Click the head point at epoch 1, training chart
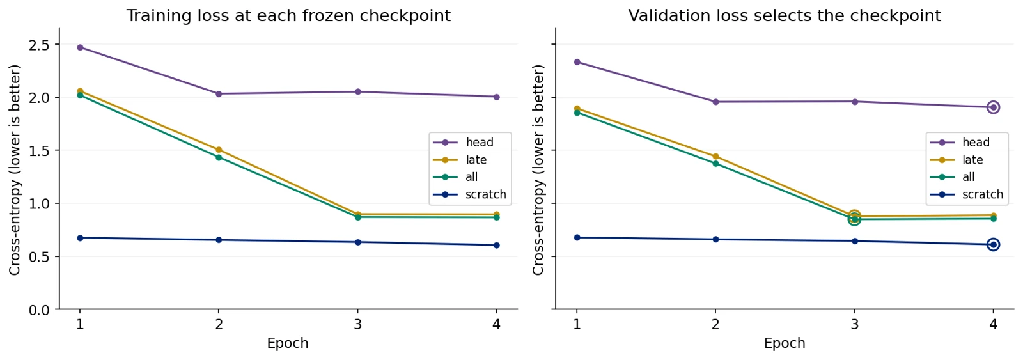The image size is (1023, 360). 80,47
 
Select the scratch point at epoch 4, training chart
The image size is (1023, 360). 496,246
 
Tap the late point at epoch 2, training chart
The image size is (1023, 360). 219,150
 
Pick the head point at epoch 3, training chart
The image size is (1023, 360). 357,92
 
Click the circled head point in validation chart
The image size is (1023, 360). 993,107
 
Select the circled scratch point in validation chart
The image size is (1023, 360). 993,245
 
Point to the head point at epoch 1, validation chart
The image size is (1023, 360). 577,62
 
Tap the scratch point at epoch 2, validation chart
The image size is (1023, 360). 715,239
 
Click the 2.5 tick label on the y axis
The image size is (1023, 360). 39,45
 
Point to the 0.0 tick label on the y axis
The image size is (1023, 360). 39,310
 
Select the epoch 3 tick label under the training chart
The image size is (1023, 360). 357,324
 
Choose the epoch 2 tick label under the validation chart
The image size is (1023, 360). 715,324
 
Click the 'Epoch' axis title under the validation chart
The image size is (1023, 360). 785,343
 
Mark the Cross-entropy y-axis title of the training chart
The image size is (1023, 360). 15,170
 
